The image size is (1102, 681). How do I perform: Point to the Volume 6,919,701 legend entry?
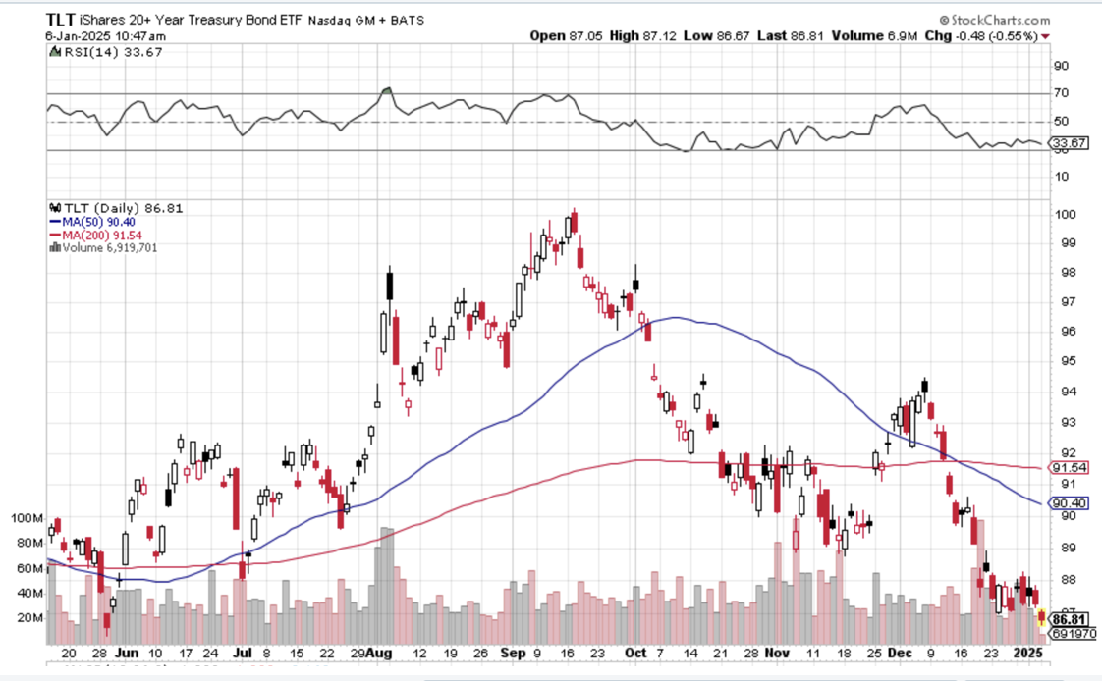click(x=107, y=247)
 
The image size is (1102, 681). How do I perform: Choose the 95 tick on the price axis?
click(x=1062, y=361)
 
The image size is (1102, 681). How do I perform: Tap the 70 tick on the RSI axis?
click(x=1061, y=93)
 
